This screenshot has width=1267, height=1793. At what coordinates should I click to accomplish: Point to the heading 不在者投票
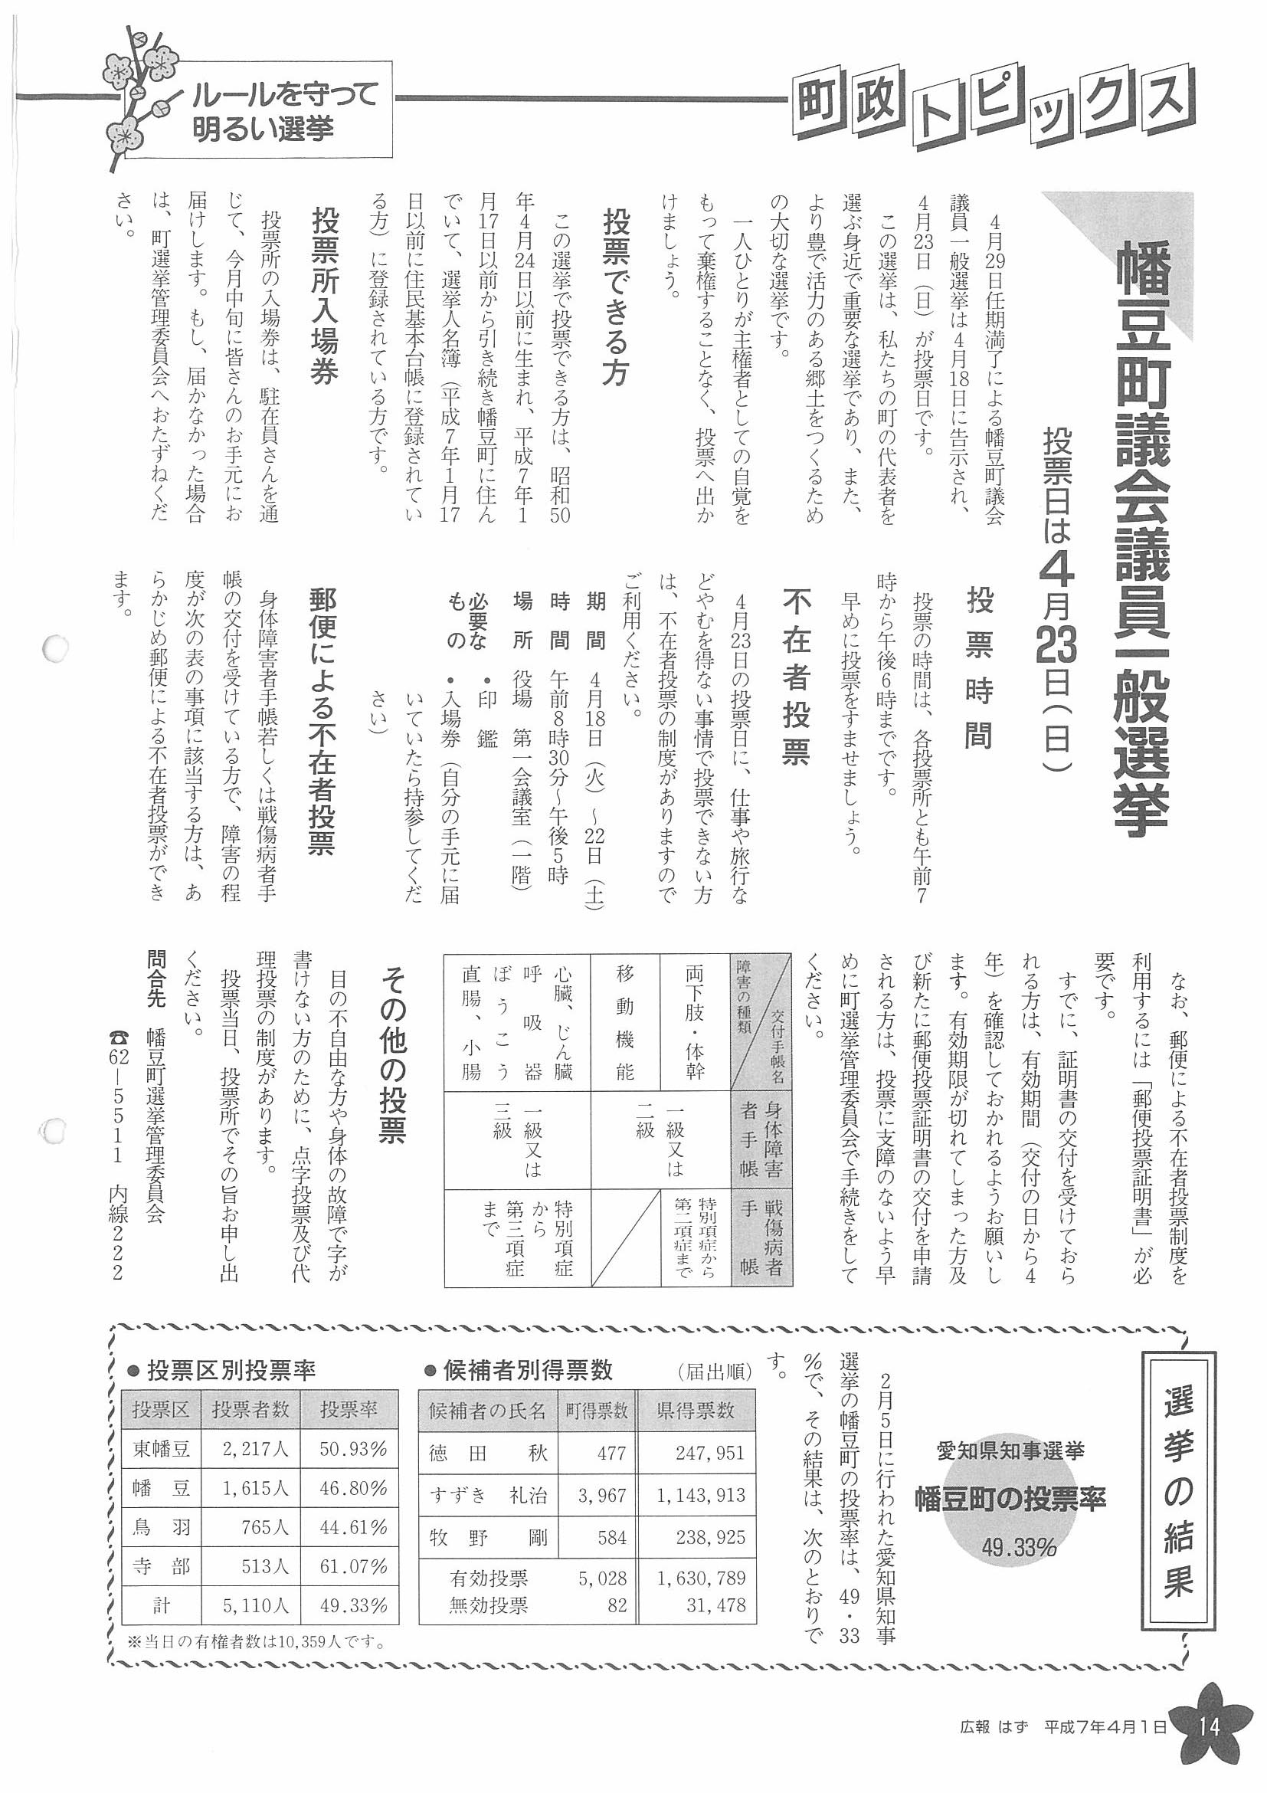[x=796, y=677]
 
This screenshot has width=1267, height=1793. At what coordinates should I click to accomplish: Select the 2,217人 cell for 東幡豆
[x=255, y=1450]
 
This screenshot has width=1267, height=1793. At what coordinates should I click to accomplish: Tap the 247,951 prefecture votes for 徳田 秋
[x=701, y=1454]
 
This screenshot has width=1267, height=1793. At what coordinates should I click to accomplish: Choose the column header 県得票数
[x=696, y=1411]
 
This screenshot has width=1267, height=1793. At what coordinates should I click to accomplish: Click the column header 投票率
[x=349, y=1410]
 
